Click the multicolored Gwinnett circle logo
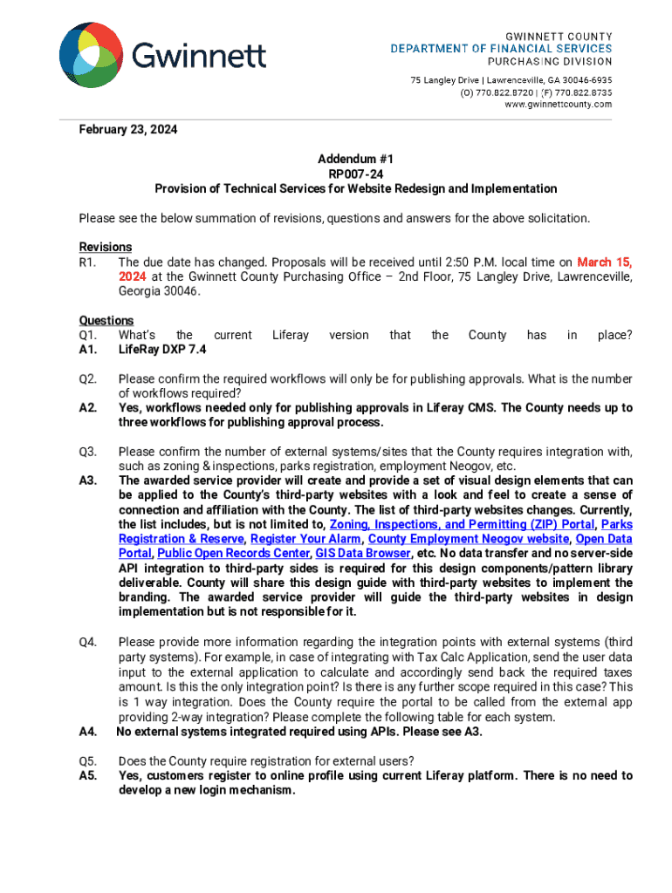(x=91, y=56)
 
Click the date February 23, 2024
(x=128, y=130)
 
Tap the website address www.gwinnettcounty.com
(x=559, y=105)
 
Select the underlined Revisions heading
(x=106, y=247)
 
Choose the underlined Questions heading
(x=106, y=320)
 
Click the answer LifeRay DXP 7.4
(x=162, y=350)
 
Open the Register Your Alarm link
(x=305, y=539)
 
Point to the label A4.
(x=88, y=732)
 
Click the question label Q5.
(x=87, y=761)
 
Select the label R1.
(x=87, y=262)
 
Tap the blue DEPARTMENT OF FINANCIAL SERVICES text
(x=500, y=49)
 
